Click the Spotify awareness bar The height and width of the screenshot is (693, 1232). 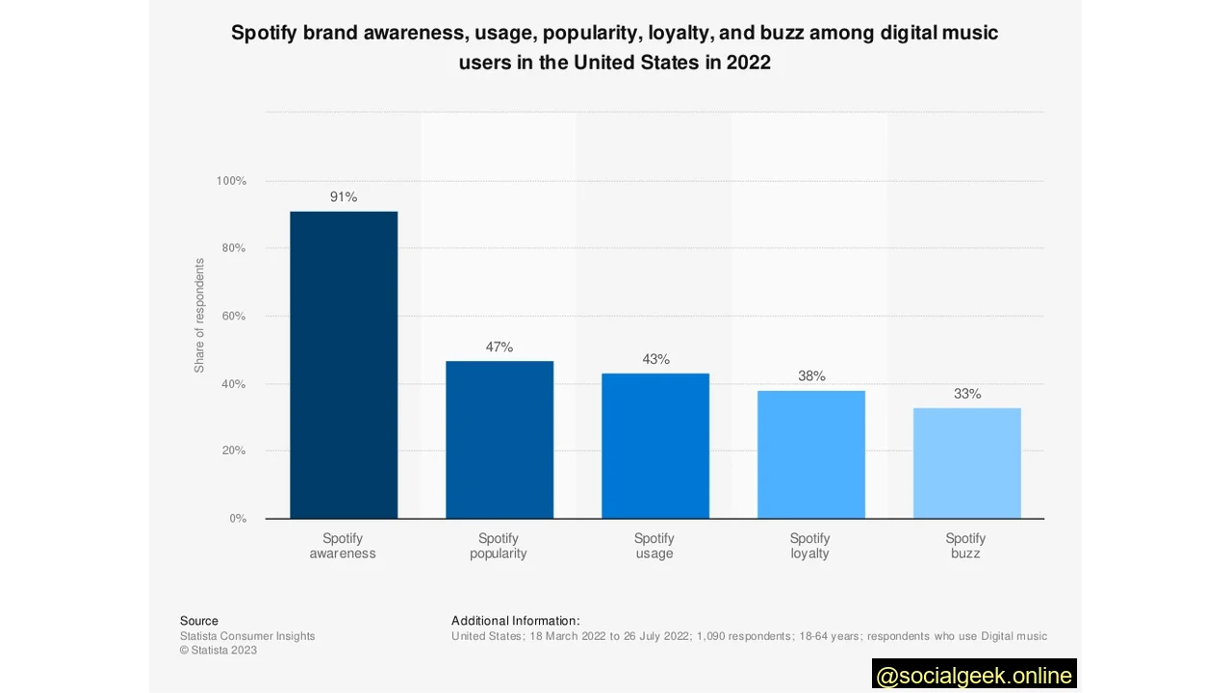point(344,365)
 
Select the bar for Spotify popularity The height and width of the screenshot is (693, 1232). point(500,440)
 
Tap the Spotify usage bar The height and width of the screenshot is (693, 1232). point(655,446)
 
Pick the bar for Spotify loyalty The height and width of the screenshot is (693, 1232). point(811,454)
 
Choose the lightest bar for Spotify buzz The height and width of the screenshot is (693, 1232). point(967,463)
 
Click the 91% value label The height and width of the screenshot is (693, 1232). point(344,197)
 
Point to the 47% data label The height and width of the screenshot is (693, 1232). point(500,347)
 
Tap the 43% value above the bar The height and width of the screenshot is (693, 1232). point(655,360)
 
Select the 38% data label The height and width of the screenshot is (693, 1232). point(811,376)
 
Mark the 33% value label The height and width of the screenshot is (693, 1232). point(967,394)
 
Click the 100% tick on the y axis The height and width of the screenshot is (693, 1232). point(231,181)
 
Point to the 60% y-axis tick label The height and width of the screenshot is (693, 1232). point(234,316)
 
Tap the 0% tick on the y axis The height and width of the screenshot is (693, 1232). point(238,519)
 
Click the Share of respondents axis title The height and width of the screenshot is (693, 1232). point(199,316)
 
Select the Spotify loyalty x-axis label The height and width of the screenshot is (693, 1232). point(809,546)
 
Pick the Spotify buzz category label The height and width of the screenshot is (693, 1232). point(965,546)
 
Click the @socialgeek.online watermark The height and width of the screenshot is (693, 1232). point(974,676)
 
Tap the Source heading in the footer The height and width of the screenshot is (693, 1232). point(199,621)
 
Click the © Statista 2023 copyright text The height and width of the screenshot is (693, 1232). point(218,650)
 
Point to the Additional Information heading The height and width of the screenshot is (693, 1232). point(515,621)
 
